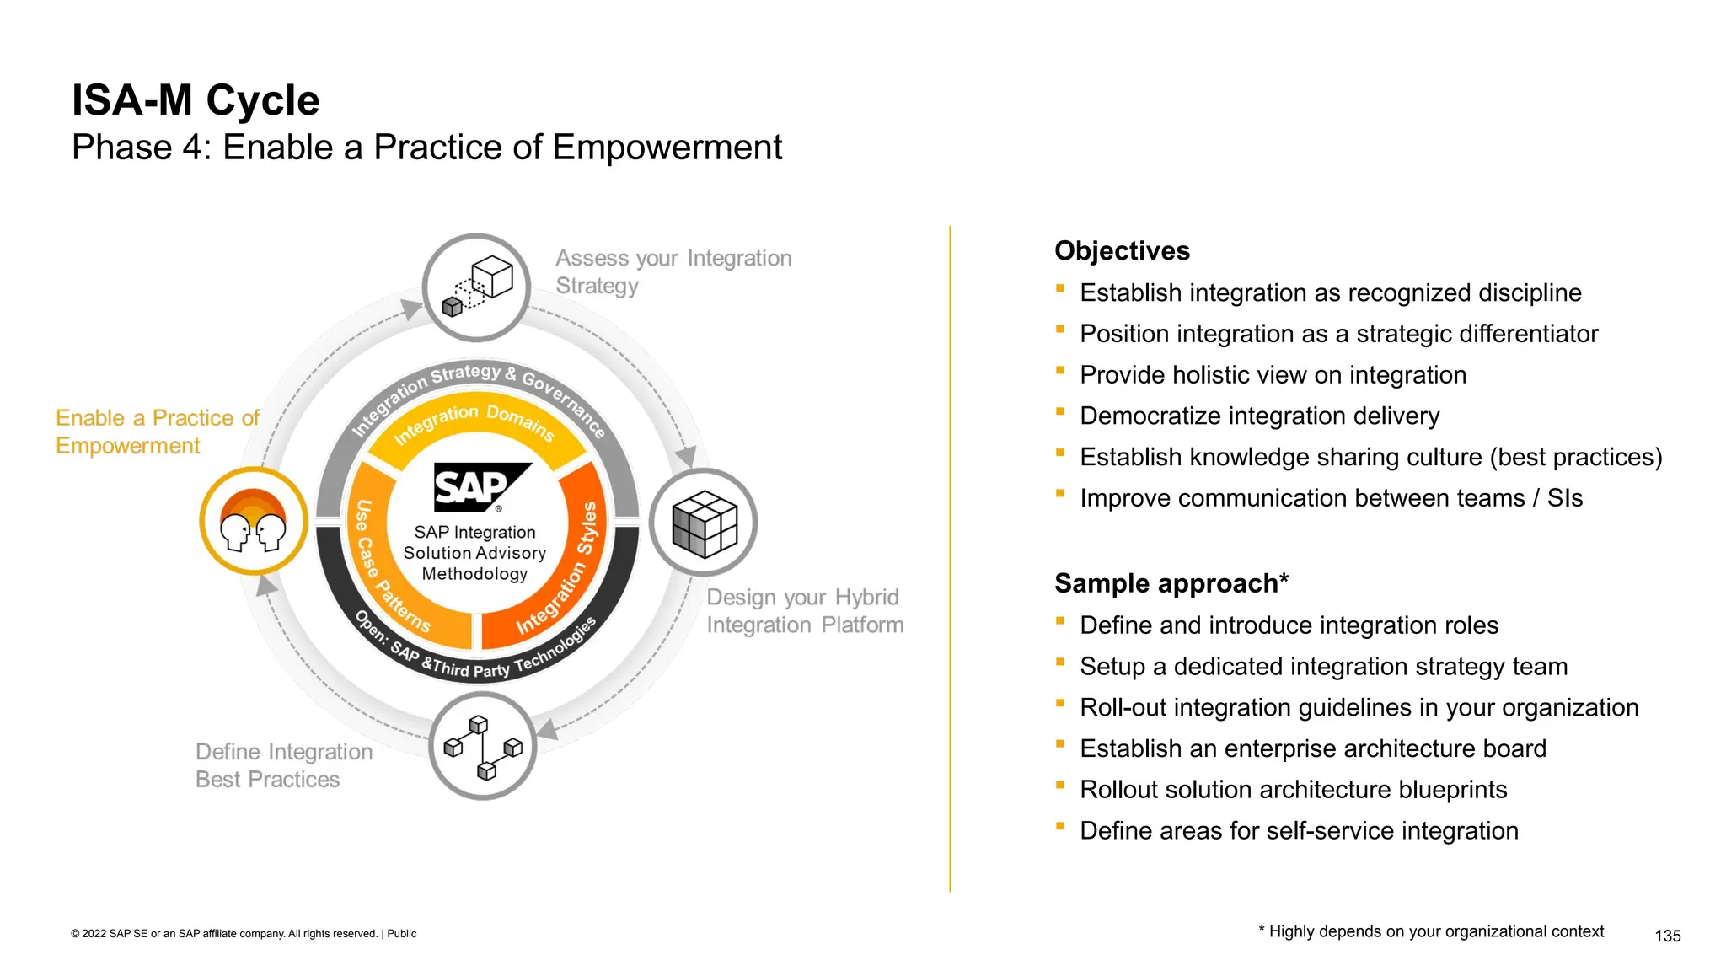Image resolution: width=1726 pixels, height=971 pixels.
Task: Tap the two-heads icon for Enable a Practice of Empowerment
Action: pos(253,522)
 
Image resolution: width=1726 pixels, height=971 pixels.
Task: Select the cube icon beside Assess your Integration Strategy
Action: pos(477,287)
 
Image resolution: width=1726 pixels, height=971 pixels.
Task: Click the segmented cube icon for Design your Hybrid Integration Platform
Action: pos(704,523)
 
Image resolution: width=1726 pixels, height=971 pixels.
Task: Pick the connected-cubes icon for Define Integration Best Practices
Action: pos(483,746)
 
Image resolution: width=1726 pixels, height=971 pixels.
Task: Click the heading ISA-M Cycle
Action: pos(196,100)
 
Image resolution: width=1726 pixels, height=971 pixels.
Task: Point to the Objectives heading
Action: pos(1122,251)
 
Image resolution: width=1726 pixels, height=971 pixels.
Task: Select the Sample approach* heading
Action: pos(1171,583)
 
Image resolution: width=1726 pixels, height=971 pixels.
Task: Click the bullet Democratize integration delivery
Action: pos(1259,416)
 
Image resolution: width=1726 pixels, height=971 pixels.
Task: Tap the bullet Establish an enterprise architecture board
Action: pos(1312,748)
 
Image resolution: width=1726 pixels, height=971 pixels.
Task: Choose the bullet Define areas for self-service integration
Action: pos(1299,831)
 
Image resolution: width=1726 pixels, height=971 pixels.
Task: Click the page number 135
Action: pos(1667,936)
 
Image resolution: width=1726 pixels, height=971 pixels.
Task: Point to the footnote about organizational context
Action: pos(1431,931)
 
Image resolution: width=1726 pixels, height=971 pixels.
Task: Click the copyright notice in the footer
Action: pos(244,934)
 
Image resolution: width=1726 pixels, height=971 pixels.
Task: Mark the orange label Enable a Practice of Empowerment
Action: pos(157,432)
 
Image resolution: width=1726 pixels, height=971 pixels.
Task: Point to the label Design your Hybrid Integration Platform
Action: pos(804,611)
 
